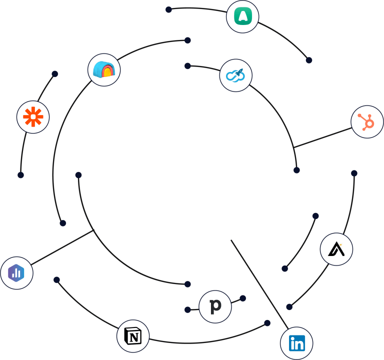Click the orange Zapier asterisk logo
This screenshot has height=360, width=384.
(33, 117)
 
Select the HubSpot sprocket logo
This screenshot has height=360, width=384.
(367, 122)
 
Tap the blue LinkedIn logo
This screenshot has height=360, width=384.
(296, 343)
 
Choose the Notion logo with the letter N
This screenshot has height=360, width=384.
(133, 336)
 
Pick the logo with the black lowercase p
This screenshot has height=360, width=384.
(215, 306)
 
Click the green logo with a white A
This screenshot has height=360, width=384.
(242, 16)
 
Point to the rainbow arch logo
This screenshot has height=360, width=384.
(104, 69)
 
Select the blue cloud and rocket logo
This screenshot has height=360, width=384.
(235, 75)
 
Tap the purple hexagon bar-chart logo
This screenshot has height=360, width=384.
(16, 273)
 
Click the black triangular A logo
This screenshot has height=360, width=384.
(336, 249)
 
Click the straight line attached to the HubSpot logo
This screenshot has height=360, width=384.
(322, 137)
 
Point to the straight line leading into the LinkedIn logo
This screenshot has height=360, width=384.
(257, 283)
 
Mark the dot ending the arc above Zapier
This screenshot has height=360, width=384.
(55, 74)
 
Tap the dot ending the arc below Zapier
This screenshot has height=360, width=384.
(20, 175)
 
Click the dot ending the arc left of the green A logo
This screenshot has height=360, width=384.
(168, 9)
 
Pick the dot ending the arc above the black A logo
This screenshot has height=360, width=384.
(354, 173)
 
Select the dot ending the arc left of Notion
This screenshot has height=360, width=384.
(56, 280)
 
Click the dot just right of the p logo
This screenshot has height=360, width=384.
(242, 298)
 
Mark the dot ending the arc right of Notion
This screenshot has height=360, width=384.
(267, 323)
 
